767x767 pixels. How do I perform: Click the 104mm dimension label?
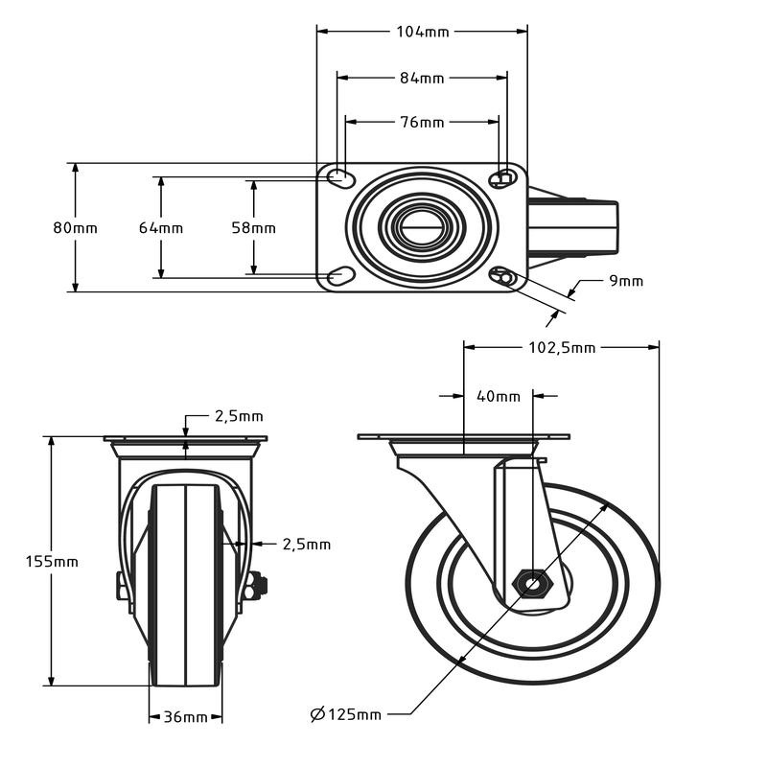(422, 32)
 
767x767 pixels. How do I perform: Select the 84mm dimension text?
(422, 78)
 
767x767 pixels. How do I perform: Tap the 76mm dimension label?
(422, 123)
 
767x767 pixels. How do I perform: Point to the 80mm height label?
(75, 228)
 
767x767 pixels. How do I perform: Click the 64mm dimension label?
(160, 228)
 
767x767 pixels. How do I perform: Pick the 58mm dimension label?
(253, 228)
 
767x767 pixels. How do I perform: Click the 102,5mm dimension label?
(562, 348)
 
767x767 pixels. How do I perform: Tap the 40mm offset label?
(497, 396)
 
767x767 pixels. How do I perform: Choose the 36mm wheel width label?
(185, 717)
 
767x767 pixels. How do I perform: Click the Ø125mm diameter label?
(346, 714)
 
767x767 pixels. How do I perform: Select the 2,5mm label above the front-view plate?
(238, 416)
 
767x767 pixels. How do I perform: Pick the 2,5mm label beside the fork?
(306, 545)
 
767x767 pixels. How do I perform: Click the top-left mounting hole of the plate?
(338, 177)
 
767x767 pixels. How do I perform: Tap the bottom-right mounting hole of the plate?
(502, 277)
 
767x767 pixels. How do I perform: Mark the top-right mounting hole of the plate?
(501, 179)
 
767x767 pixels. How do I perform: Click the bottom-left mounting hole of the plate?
(339, 277)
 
